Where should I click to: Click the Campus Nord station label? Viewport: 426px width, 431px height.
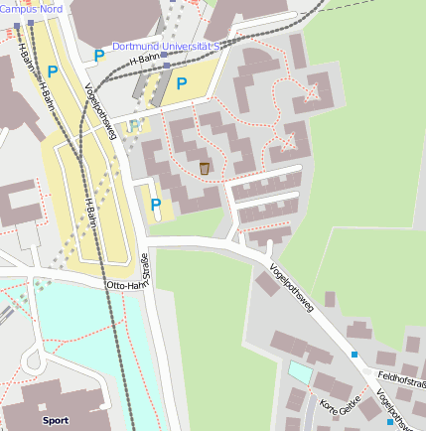click(31, 8)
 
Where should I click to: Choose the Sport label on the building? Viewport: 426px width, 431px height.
click(56, 420)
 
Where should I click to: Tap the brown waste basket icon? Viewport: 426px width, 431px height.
click(205, 168)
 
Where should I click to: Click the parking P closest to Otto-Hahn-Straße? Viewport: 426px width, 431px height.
click(155, 205)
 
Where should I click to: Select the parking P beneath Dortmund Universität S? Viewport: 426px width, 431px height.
click(182, 83)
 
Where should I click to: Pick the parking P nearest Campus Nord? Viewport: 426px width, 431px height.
click(52, 72)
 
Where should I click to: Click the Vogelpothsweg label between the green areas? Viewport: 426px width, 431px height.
click(291, 289)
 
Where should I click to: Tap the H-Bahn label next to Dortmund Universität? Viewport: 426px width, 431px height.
click(145, 61)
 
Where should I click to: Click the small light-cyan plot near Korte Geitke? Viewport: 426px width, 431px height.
click(300, 372)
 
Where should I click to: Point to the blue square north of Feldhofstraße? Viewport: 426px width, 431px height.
click(355, 354)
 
